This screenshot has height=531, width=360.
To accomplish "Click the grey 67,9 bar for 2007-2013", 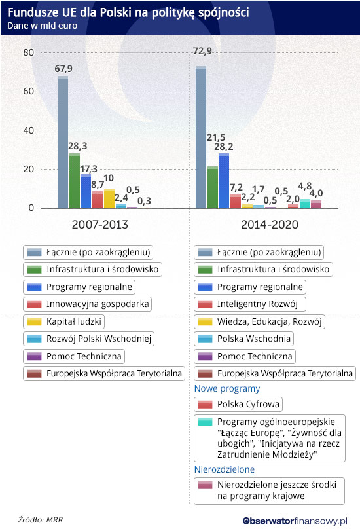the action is (63, 142).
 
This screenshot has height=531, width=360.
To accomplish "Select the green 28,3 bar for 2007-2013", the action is (75, 181).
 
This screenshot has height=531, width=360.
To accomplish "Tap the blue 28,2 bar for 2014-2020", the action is (224, 181).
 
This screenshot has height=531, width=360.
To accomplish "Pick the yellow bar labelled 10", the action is (109, 198).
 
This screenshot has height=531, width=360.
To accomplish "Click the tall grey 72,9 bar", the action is (201, 137).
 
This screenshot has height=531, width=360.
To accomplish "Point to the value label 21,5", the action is (216, 137).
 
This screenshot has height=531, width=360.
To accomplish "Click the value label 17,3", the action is (89, 169).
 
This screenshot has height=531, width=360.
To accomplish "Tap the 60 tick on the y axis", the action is (29, 91).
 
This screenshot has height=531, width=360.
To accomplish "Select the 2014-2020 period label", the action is (270, 225).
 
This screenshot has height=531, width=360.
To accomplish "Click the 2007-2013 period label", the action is (100, 225).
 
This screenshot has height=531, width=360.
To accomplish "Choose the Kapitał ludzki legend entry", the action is (63, 321).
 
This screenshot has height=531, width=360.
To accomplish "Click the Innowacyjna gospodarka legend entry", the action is (87, 304).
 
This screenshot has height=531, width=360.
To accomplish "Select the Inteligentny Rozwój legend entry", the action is (250, 304).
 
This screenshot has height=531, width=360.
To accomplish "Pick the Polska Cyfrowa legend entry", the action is (238, 404).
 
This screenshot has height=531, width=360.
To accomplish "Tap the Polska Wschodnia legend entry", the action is (244, 339).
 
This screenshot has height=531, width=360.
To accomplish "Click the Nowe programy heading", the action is (227, 388).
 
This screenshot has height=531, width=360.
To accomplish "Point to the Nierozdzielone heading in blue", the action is (225, 469).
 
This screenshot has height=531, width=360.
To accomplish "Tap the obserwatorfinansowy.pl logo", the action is (295, 521).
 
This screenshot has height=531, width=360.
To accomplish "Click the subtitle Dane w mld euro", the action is (43, 26).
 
